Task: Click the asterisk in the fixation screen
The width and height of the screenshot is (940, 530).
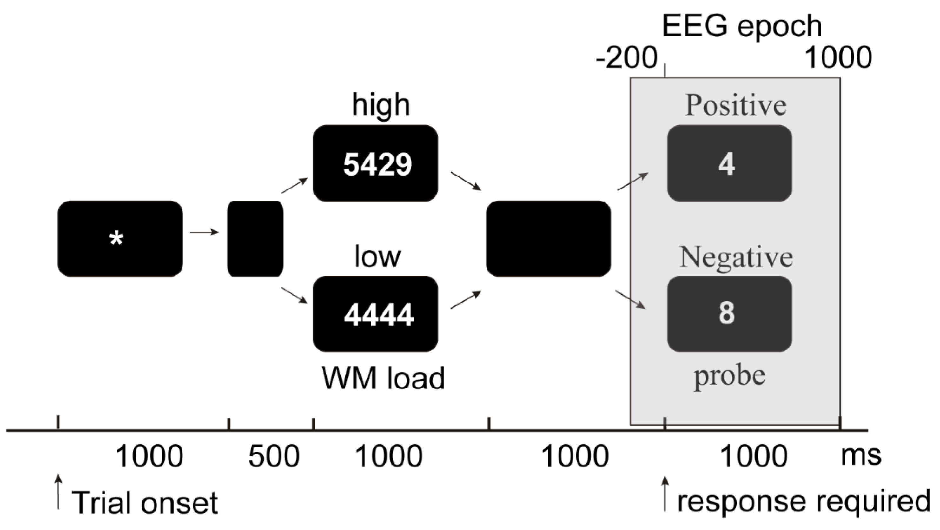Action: point(116,239)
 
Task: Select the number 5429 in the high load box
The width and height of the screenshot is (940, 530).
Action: point(377,165)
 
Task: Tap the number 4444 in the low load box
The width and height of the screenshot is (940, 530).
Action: point(379,315)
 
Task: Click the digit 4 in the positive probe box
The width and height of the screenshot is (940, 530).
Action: point(726,165)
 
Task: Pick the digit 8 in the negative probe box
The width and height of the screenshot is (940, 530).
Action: point(726,313)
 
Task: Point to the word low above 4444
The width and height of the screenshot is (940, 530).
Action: point(377,257)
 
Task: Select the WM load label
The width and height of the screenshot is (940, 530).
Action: point(383,378)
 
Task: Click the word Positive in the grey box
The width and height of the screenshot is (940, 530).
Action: point(736,106)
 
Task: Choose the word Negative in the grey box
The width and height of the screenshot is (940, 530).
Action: point(736,258)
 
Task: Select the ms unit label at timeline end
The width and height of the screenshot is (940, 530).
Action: point(861,455)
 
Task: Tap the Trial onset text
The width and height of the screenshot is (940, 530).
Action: point(144,503)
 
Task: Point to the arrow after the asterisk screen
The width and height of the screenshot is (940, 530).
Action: point(204,232)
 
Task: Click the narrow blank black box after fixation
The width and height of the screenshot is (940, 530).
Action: point(255,238)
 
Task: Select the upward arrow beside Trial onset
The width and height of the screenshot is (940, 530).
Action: point(58,492)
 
